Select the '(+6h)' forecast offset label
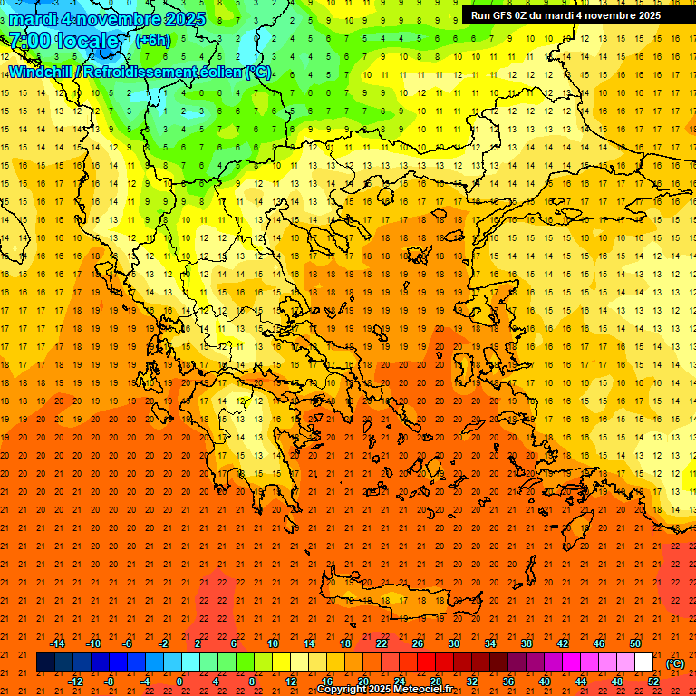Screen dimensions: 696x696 coord(152,41)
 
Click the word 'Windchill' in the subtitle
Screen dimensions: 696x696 coord(43,72)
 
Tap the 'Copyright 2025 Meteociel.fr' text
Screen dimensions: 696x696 coord(384,690)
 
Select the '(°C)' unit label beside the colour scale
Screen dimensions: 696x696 coord(675,663)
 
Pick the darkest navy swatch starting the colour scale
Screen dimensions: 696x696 coord(45,662)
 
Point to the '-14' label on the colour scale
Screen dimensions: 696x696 coord(57,643)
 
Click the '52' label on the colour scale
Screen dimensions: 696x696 coord(653,681)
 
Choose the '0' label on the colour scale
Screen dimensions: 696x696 coord(179,681)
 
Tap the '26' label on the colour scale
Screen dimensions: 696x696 coord(418,643)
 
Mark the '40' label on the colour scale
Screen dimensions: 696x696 coord(545,681)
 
